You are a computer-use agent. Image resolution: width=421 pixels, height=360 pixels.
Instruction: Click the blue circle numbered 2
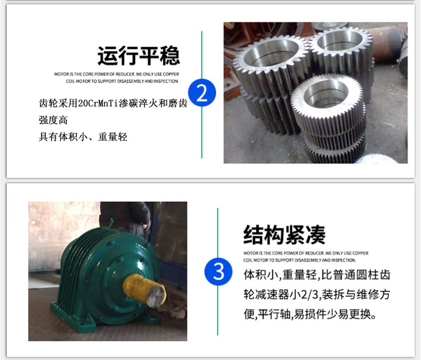202,93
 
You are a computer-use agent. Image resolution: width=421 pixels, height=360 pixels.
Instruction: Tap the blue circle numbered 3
218,271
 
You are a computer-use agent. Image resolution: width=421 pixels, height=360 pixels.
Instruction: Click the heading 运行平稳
139,56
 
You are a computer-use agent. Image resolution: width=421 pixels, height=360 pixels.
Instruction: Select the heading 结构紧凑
285,235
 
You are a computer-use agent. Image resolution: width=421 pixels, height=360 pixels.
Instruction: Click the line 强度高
53,120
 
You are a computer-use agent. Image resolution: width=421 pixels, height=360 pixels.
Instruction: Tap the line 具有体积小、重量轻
83,137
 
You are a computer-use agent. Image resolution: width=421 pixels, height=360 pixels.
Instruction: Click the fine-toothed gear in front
329,118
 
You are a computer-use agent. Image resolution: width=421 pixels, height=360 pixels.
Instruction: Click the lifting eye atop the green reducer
112,223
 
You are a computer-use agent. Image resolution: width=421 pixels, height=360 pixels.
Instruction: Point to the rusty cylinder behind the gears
384,44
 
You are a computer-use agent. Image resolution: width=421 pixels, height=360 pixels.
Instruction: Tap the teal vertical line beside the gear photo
202,94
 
